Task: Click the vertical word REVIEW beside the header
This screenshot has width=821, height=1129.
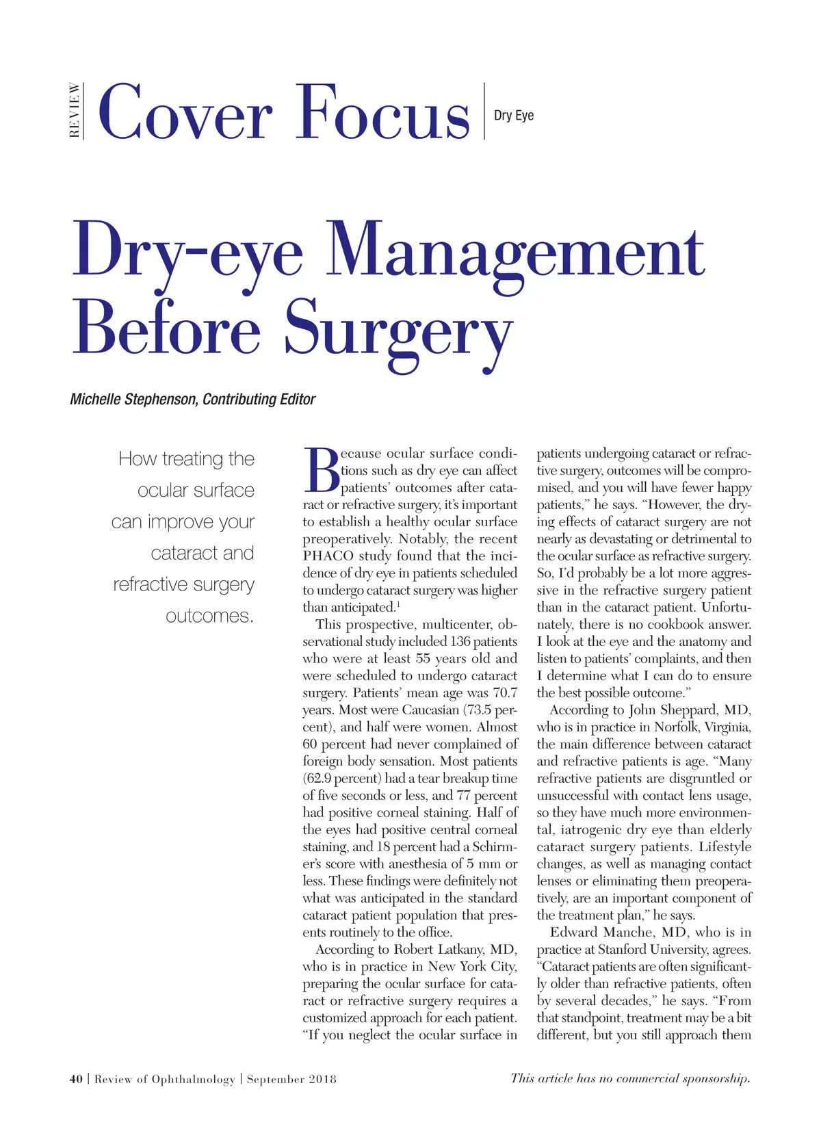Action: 75,110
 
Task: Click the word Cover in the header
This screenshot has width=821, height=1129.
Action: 185,112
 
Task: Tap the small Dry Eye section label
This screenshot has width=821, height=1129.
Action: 513,115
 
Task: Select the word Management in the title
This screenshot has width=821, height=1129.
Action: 514,250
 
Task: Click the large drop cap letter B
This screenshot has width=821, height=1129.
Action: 320,470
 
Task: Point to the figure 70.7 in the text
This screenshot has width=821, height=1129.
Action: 505,692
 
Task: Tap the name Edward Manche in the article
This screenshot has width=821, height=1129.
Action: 601,932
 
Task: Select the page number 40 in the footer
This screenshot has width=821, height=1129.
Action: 76,1079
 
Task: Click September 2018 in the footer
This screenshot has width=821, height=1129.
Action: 291,1079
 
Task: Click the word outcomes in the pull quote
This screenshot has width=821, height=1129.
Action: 209,616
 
